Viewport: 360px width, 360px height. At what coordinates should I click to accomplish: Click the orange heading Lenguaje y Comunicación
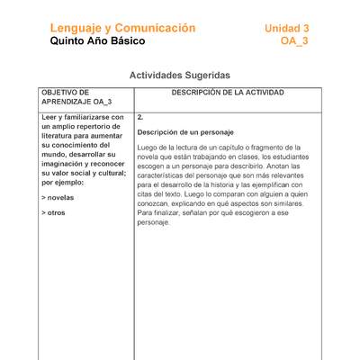point(122,28)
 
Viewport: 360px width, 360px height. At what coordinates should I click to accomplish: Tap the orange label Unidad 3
point(286,28)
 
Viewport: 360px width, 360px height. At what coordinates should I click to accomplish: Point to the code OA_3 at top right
point(294,41)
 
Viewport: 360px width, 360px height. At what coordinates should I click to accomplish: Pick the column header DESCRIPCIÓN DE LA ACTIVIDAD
point(228,93)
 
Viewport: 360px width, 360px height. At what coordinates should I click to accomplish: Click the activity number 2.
point(140,118)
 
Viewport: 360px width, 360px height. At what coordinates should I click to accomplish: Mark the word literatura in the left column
point(62,136)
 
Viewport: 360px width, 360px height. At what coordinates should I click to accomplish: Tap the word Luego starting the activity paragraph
point(148,147)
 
